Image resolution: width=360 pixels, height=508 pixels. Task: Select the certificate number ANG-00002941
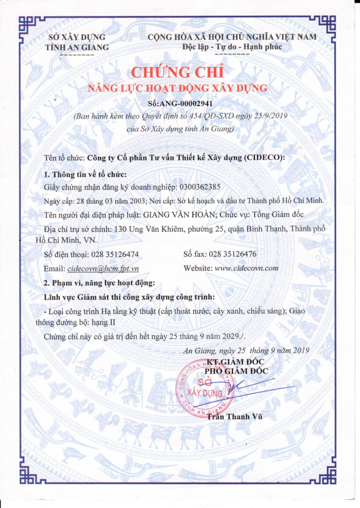[188, 104]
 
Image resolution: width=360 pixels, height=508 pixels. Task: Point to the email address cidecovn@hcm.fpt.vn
[103, 268]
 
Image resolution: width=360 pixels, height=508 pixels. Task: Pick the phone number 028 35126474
[115, 254]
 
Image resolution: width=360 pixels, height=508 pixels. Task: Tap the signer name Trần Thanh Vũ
[234, 416]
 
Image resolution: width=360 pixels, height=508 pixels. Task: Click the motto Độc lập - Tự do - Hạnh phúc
[232, 47]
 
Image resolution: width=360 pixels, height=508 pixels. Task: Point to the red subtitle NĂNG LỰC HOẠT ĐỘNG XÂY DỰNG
[178, 88]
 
